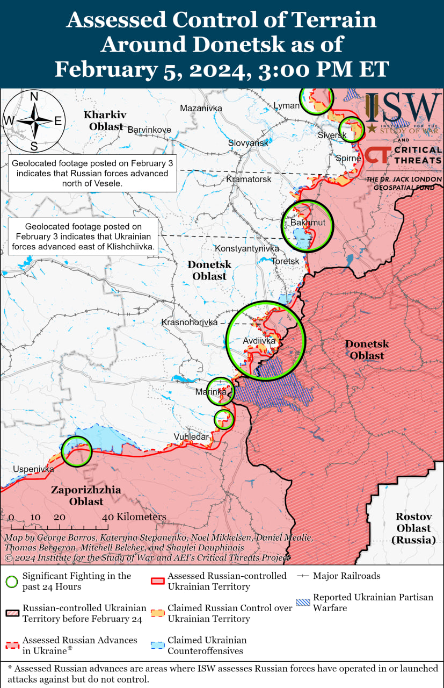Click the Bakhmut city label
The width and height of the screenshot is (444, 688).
(304, 223)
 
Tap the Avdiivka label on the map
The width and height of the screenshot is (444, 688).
(259, 341)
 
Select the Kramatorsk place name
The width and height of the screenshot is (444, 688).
(249, 179)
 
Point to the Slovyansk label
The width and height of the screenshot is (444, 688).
(248, 143)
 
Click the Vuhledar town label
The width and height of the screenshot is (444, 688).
(191, 436)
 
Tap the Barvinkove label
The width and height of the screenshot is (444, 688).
(149, 130)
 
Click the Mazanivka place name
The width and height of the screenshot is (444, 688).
(201, 108)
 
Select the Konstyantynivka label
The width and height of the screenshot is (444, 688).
(246, 249)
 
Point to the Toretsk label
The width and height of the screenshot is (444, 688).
(285, 261)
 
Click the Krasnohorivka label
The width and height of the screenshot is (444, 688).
(190, 322)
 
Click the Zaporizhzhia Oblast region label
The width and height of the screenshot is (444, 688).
(86, 496)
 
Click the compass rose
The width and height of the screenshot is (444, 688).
(33, 121)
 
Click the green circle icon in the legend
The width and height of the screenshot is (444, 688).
(12, 582)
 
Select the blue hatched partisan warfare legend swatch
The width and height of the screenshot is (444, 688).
(303, 603)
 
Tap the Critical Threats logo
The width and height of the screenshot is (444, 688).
(403, 155)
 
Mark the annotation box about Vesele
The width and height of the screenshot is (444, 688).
(92, 174)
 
